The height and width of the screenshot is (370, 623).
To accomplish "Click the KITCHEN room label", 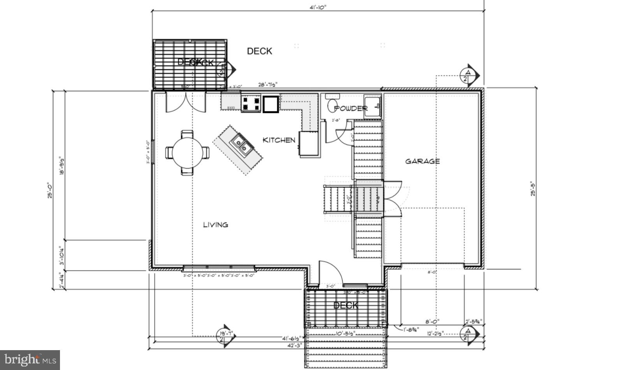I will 279,140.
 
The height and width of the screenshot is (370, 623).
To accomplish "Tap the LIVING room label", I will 215,225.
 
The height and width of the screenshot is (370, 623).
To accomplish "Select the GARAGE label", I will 422,161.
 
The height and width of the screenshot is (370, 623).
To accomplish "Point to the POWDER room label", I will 350,108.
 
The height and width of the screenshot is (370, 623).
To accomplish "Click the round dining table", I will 187,153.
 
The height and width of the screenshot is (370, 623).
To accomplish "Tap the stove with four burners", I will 251,103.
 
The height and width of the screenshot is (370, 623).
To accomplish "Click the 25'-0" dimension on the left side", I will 50,191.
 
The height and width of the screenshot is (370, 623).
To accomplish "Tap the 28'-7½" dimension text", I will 268,85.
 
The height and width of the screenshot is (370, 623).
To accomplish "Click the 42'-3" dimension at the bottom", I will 295,345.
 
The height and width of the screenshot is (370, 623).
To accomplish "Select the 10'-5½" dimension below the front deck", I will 345,333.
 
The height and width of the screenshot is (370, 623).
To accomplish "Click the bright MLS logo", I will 30,359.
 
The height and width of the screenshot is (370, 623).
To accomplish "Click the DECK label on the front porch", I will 346,305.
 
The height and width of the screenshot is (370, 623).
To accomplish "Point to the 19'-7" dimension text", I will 226,333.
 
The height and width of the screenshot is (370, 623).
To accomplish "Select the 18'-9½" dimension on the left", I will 62,166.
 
